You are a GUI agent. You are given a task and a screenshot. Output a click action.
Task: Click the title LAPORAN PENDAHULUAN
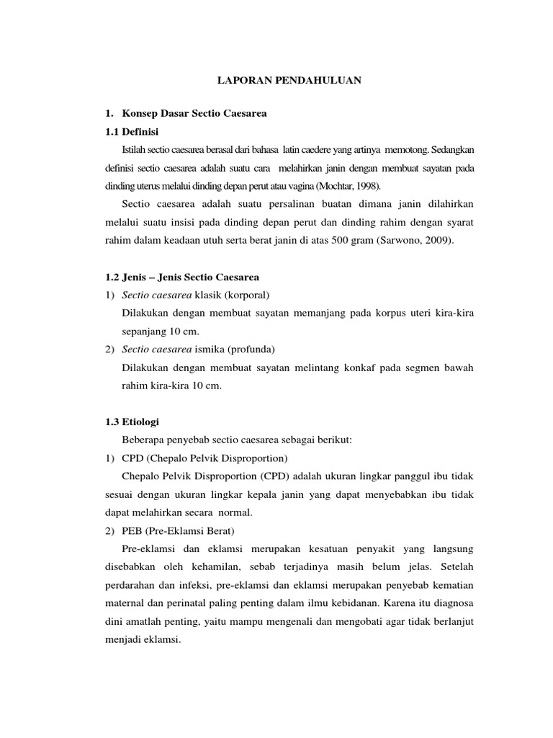click(x=289, y=81)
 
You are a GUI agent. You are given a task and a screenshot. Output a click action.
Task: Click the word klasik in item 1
click(x=210, y=295)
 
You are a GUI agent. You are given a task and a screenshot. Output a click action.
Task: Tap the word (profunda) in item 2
click(x=252, y=350)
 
